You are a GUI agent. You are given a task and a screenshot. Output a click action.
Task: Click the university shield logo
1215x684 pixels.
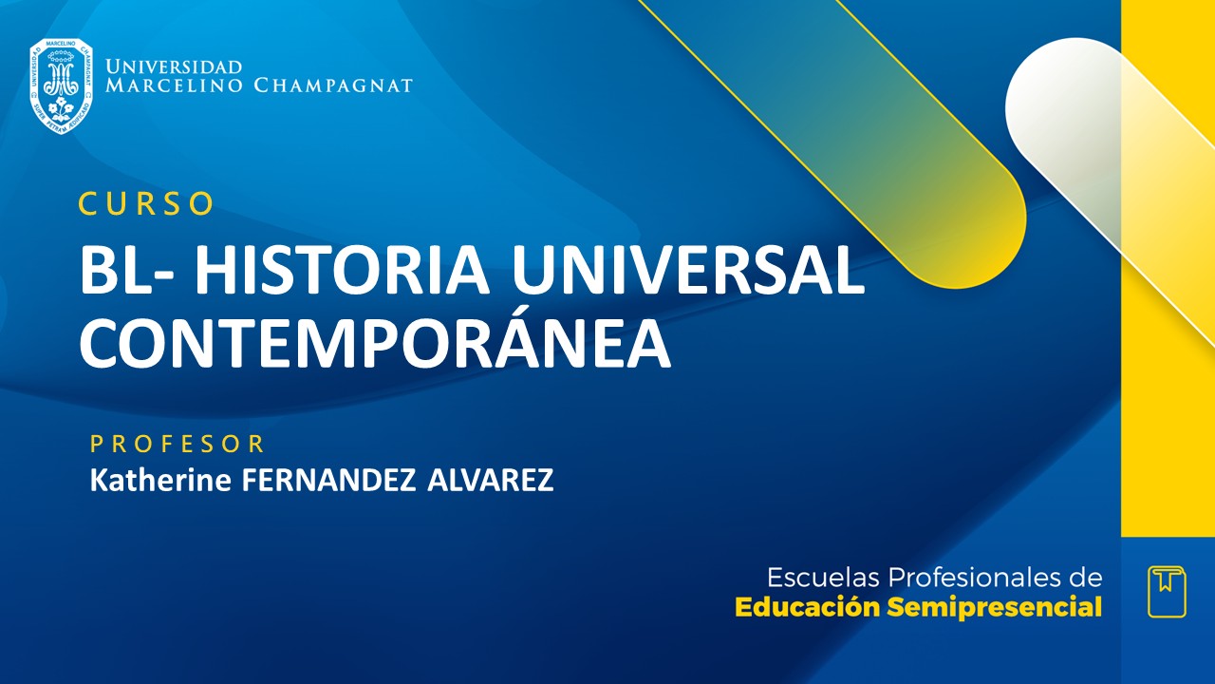61,85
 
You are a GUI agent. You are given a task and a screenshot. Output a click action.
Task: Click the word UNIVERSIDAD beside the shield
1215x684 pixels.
174,67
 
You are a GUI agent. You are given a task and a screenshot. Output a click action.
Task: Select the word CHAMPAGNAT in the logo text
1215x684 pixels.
333,85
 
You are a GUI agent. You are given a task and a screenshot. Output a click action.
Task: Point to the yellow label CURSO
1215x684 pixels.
146,204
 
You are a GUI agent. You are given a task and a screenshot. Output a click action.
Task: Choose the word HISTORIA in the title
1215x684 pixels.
343,272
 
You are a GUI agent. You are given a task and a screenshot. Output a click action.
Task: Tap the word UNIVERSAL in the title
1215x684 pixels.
688,272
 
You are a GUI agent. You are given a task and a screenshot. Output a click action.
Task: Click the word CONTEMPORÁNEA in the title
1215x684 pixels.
375,343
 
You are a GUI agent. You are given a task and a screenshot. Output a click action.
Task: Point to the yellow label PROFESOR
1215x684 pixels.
178,444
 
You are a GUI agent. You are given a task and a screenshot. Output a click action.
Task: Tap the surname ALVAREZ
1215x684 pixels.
490,481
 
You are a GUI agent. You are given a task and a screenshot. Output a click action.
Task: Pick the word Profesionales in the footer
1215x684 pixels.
974,578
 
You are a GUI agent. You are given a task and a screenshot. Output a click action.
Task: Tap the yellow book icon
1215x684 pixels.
1167,591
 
